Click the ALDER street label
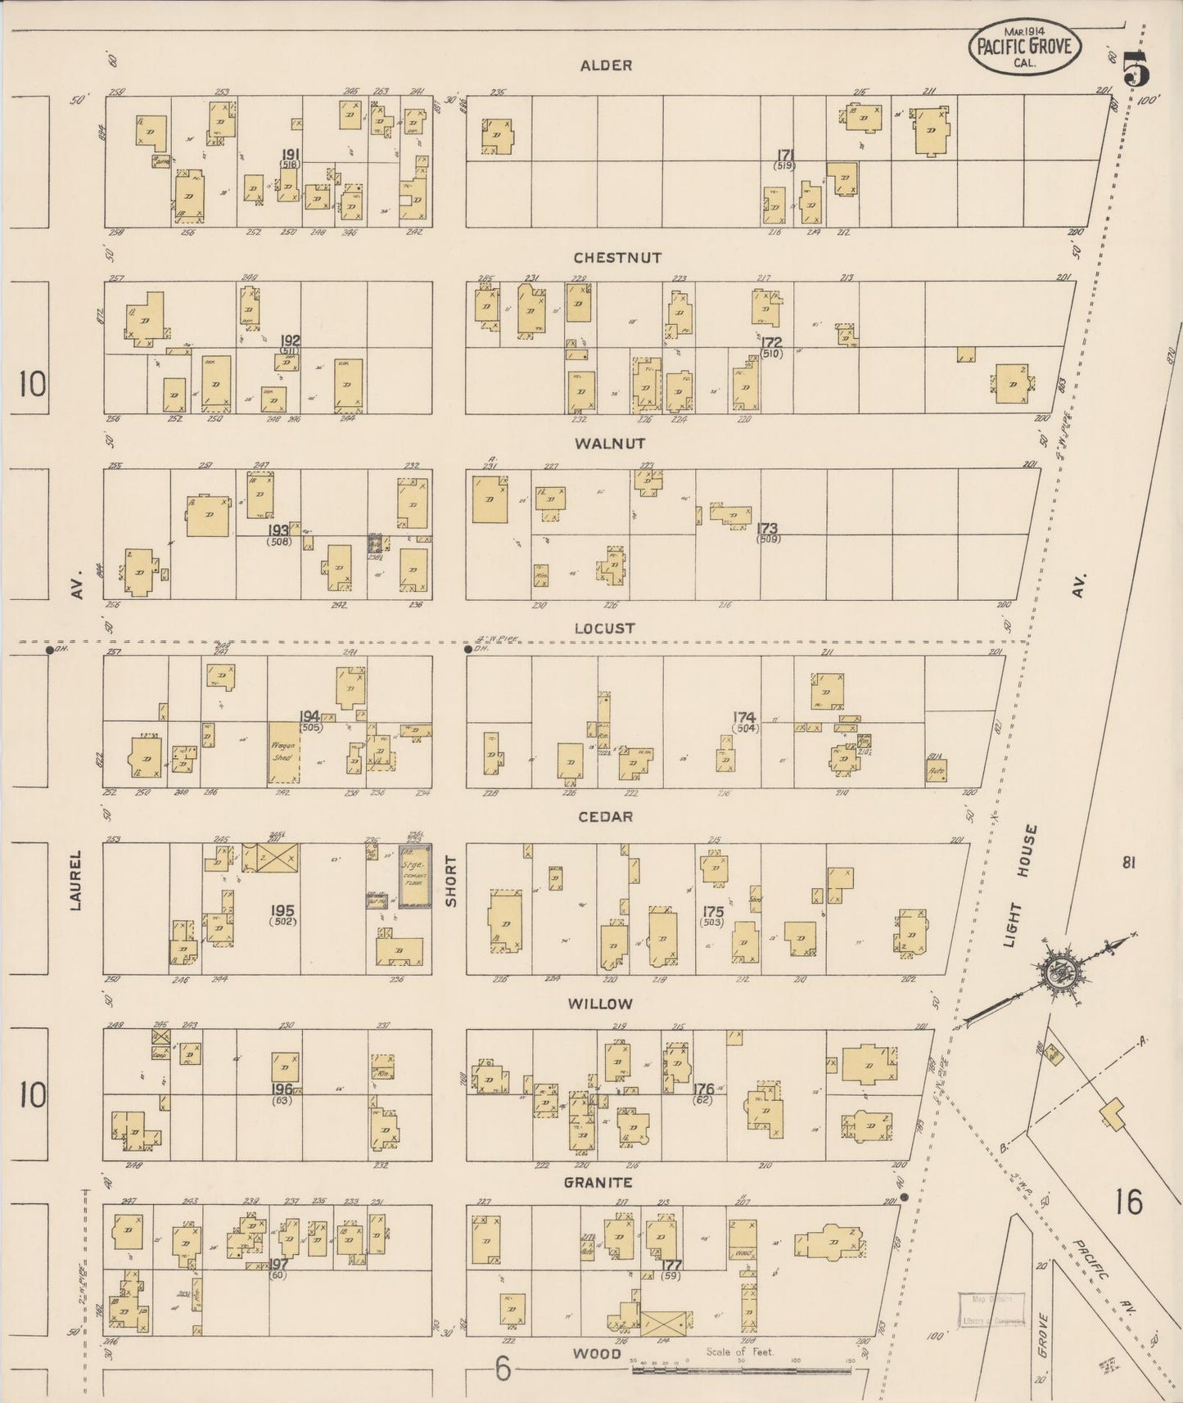606,65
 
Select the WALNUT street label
609,444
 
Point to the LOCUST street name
604,629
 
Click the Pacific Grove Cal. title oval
1024,47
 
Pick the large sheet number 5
1137,69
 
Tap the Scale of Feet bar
741,1370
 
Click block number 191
289,155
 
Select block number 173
767,529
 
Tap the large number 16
1127,1202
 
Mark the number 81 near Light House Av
1130,862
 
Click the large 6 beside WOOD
503,1369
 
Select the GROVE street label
1042,1335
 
